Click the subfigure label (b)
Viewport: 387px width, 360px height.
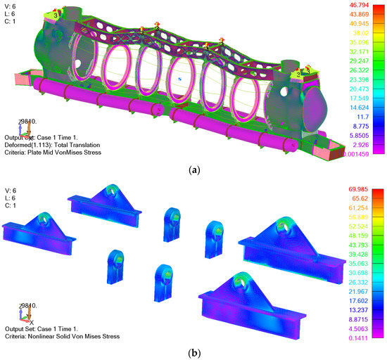[193, 352]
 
